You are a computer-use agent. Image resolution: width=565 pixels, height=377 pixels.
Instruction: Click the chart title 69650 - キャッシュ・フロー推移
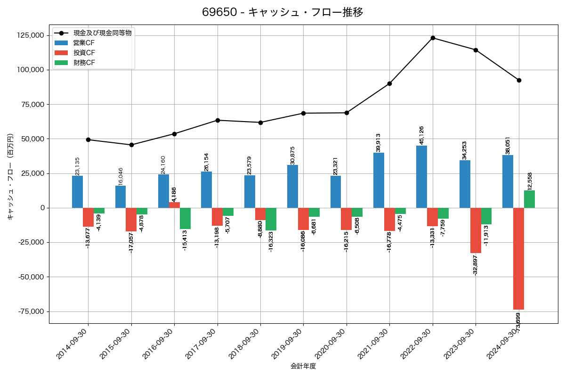282,12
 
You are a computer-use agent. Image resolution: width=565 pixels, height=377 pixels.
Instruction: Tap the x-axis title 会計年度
303,366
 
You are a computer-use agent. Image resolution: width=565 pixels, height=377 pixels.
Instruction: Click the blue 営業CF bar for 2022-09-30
421,177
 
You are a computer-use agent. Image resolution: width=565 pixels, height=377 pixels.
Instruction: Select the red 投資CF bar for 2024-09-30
518,259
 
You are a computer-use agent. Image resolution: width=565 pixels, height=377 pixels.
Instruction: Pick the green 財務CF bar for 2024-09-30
529,199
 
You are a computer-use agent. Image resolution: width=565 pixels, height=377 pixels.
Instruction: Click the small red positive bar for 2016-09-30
174,205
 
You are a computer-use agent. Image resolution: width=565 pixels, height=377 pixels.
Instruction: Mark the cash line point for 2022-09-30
433,38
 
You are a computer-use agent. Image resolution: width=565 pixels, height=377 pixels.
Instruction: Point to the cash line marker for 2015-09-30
131,145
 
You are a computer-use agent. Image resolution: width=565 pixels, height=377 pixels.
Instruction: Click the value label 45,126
422,135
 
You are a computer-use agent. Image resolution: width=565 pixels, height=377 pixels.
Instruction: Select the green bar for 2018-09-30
271,219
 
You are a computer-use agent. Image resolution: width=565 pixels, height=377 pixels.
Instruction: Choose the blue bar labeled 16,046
121,197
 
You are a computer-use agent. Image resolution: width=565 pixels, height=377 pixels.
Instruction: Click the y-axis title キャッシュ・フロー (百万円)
10,177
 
